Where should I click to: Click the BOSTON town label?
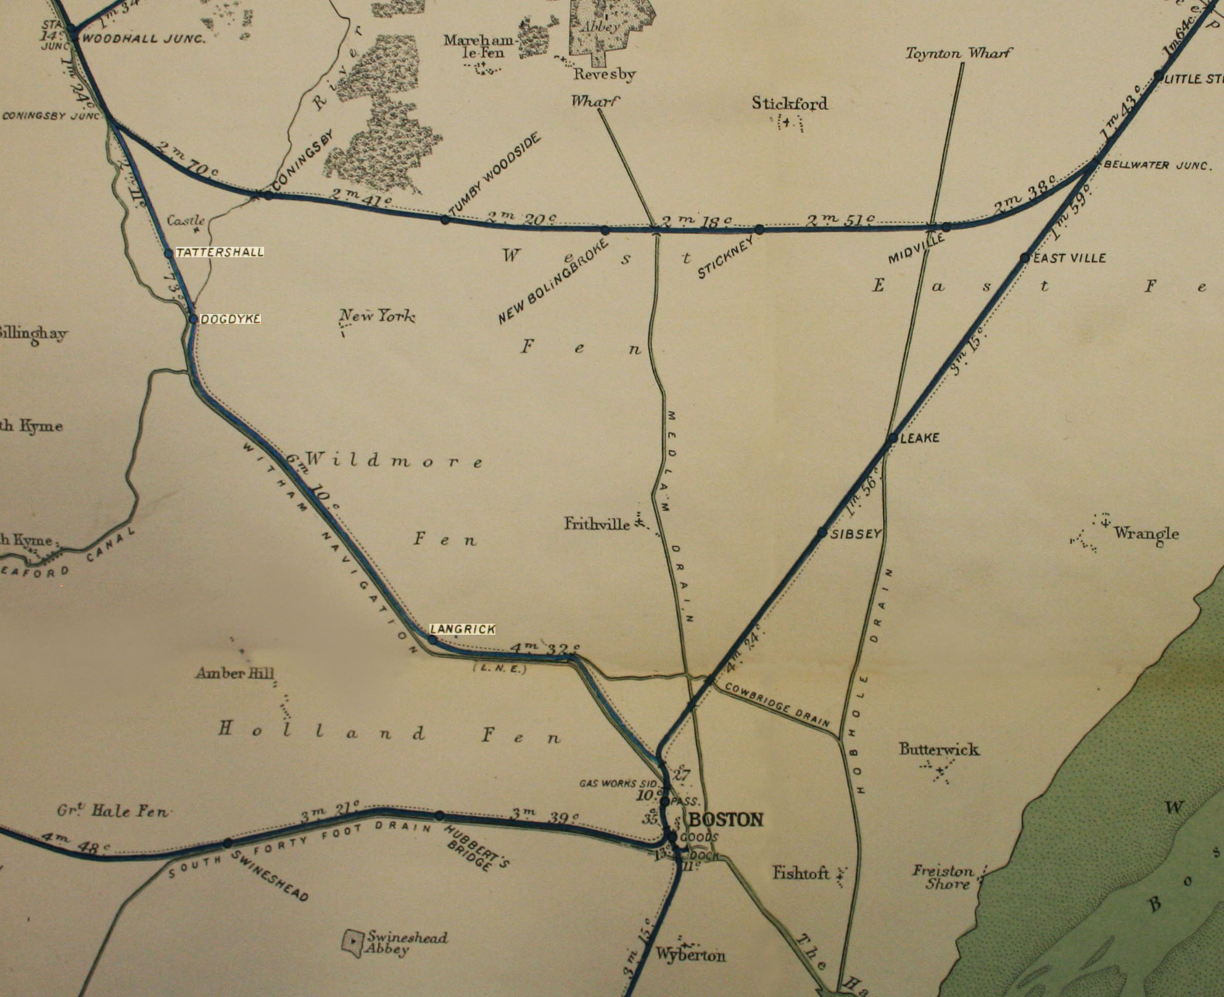pyautogui.click(x=726, y=819)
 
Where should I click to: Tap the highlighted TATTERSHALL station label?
pyautogui.click(x=220, y=252)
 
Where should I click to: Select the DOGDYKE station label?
pyautogui.click(x=230, y=319)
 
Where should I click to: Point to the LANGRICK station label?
pyautogui.click(x=463, y=629)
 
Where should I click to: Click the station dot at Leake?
pyautogui.click(x=893, y=438)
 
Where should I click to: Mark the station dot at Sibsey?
pyautogui.click(x=822, y=532)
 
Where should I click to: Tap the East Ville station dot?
pyautogui.click(x=1025, y=258)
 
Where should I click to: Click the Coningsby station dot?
pyautogui.click(x=268, y=195)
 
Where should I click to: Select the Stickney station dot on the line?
pyautogui.click(x=759, y=230)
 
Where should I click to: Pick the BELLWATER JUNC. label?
pyautogui.click(x=1156, y=165)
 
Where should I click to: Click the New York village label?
pyautogui.click(x=378, y=316)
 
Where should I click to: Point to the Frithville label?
pyautogui.click(x=597, y=524)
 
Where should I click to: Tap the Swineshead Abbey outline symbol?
pyautogui.click(x=352, y=942)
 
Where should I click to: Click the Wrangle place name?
pyautogui.click(x=1146, y=533)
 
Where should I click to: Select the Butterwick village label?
pyautogui.click(x=938, y=750)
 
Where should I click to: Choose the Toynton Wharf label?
pyautogui.click(x=958, y=54)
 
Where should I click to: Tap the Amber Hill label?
pyautogui.click(x=234, y=673)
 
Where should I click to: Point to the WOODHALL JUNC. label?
pyautogui.click(x=143, y=38)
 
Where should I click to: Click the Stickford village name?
pyautogui.click(x=789, y=103)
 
